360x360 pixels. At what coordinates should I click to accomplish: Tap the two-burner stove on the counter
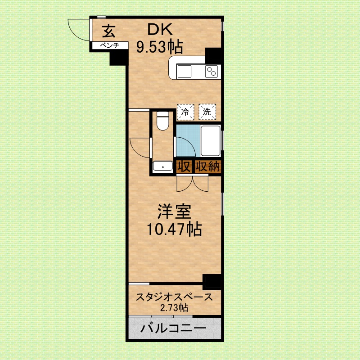pos(211,71)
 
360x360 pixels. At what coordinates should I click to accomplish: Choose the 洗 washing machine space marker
pos(207,112)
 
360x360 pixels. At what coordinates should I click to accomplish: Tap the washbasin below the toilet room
pos(162,167)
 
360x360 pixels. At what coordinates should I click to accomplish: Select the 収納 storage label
pos(207,167)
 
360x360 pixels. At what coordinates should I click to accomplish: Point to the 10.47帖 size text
pos(174,230)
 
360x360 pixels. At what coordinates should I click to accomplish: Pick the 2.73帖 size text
pos(174,308)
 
